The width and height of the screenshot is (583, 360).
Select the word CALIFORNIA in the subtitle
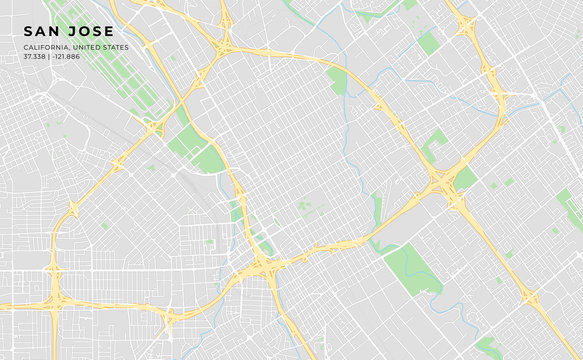click(46, 47)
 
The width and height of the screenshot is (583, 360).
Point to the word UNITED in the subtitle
click(87, 47)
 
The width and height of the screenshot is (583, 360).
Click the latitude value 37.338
click(36, 56)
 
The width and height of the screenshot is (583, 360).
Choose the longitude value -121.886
click(68, 56)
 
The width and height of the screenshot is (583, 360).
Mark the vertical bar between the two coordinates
click(51, 56)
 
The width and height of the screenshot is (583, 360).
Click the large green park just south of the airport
click(196, 150)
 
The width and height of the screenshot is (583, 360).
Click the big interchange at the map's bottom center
click(262, 266)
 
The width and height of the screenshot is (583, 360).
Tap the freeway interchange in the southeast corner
click(531, 298)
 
